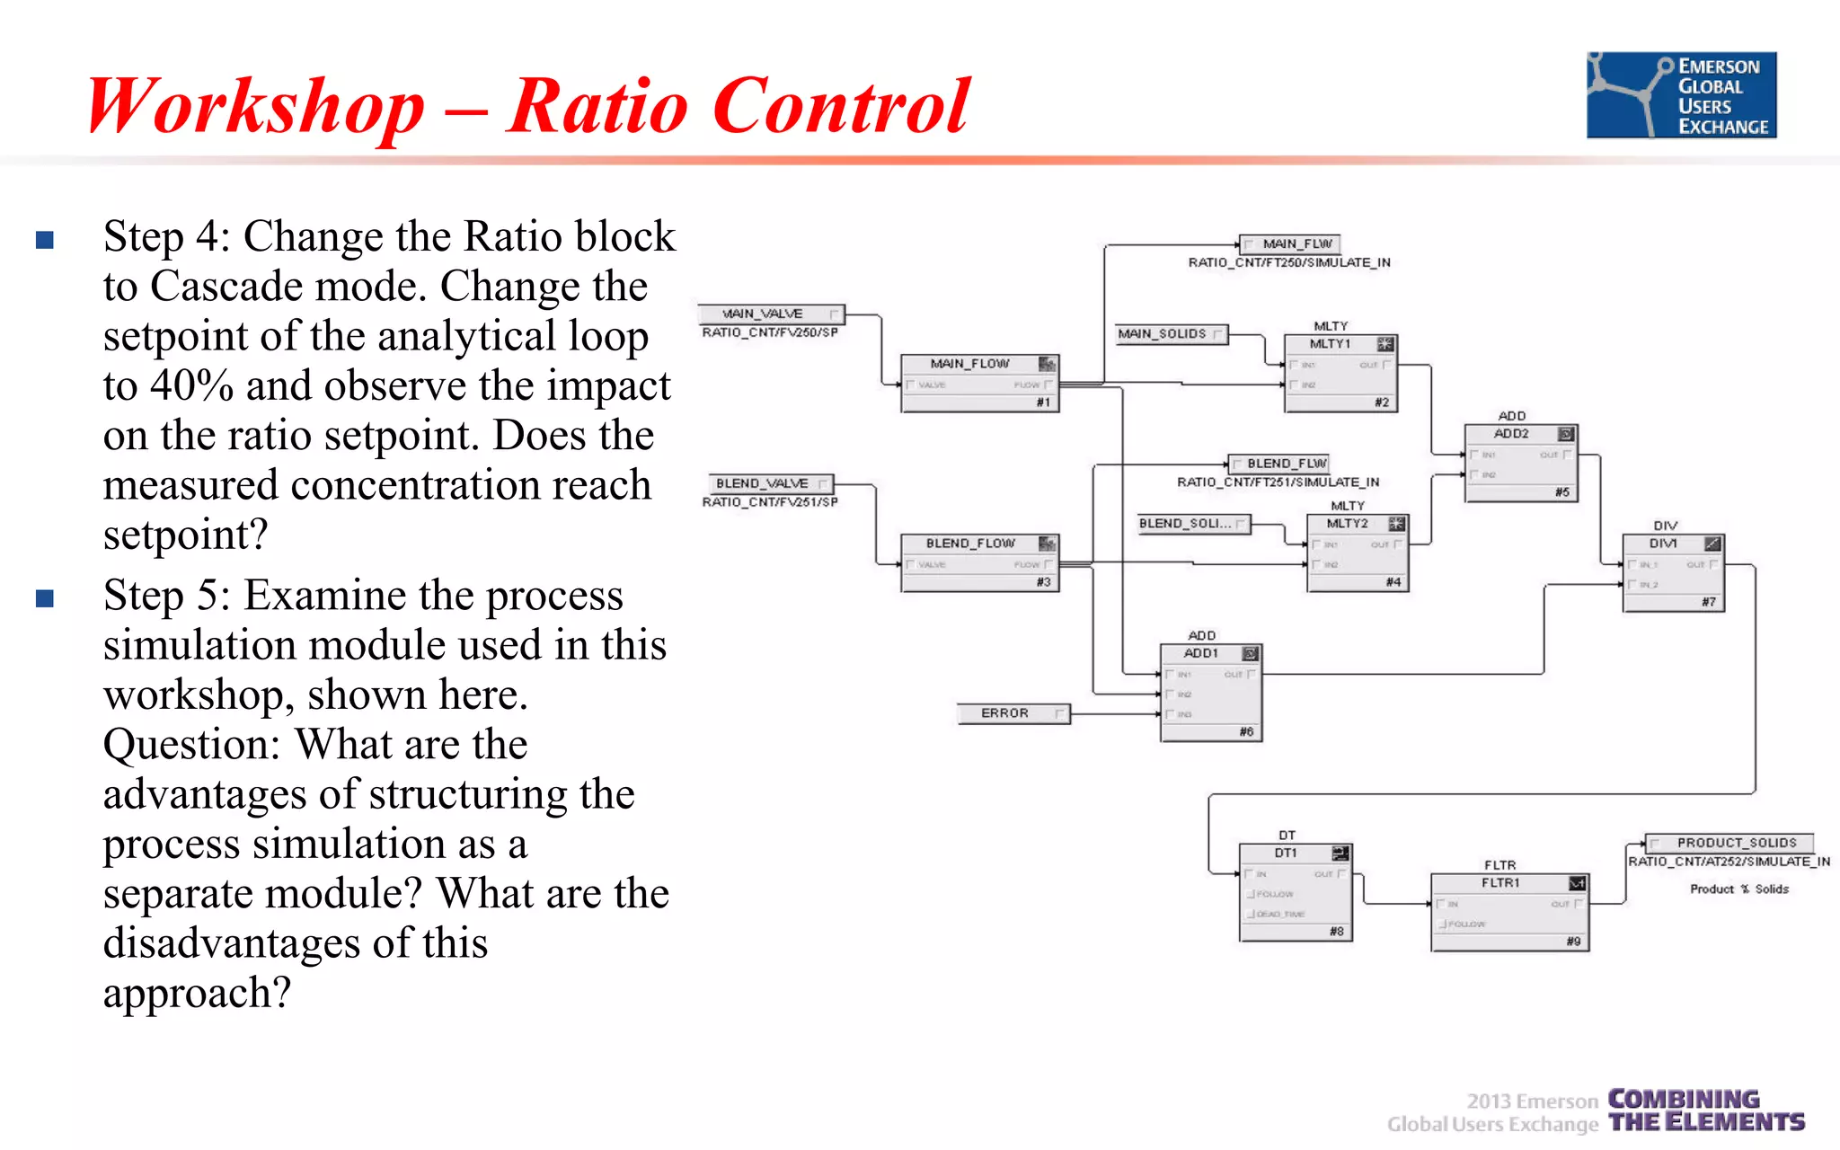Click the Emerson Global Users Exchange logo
pos(1681,94)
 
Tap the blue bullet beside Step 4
pos(45,240)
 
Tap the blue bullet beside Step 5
pos(45,598)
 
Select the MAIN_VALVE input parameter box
pos(771,314)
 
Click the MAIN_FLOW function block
pos(979,384)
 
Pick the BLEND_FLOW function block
pos(979,563)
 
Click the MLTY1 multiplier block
pos(1340,373)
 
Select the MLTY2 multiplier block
pos(1357,553)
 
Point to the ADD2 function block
pos(1520,463)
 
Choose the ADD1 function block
pos(1210,692)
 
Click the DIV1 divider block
pos(1673,572)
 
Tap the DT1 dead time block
pos(1295,892)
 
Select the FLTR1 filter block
pos(1509,912)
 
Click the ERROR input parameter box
pos(1013,713)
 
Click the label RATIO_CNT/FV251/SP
pos(770,502)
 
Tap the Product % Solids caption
pos(1738,889)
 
